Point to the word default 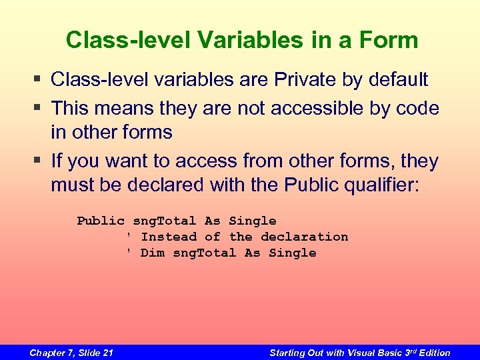click(393, 80)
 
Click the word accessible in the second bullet click(285, 107)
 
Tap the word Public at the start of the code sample click(101, 221)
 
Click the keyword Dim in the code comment click(152, 253)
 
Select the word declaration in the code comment click(304, 237)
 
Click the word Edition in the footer click(435, 353)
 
